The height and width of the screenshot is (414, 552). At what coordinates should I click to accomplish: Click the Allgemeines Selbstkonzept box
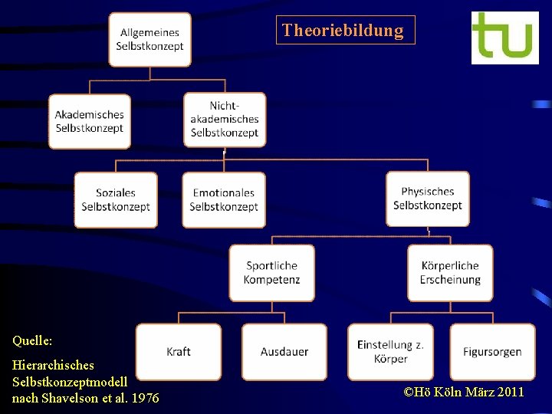click(149, 39)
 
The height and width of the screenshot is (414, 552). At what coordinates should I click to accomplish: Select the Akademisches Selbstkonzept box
click(89, 121)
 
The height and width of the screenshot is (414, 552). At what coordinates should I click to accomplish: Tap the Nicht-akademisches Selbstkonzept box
click(225, 120)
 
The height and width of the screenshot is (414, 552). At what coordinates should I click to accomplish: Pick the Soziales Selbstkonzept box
click(116, 199)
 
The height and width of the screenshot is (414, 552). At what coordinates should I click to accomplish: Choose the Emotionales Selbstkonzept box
click(224, 199)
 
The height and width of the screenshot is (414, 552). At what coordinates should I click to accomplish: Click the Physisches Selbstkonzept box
click(428, 199)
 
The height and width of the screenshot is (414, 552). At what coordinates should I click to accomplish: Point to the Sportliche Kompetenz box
click(271, 273)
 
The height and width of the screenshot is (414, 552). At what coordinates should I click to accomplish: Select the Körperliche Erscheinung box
click(450, 273)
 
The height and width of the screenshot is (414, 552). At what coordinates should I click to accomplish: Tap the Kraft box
click(179, 352)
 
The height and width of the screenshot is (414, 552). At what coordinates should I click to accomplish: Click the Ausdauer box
click(284, 352)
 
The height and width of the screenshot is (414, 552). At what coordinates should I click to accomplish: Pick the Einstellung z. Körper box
click(390, 352)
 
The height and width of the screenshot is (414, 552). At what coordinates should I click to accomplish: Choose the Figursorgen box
click(492, 352)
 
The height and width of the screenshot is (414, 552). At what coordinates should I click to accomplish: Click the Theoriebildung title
click(343, 31)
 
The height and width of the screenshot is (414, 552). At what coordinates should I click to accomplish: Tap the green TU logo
click(504, 38)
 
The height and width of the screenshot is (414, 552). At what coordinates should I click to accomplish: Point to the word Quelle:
click(32, 339)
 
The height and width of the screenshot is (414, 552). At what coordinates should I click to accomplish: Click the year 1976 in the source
click(146, 398)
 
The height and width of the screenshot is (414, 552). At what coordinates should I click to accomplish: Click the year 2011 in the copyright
click(510, 393)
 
